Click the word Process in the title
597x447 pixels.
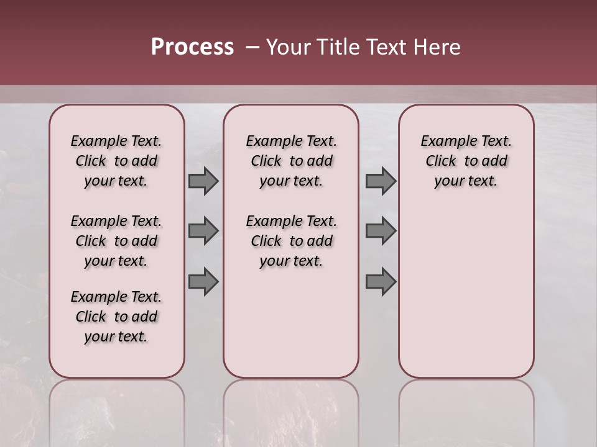click(192, 47)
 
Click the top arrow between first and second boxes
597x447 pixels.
click(203, 181)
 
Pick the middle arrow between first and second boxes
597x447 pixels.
click(203, 231)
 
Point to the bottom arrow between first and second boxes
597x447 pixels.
click(203, 282)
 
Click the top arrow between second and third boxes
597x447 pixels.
click(381, 181)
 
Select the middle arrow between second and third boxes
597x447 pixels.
click(381, 231)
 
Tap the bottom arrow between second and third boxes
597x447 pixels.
click(381, 282)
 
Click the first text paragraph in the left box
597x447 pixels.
click(116, 161)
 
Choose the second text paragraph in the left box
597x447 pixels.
click(116, 241)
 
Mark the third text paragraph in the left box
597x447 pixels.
click(116, 317)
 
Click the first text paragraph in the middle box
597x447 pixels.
click(291, 161)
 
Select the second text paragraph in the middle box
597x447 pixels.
click(291, 241)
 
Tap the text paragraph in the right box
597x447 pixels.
click(466, 161)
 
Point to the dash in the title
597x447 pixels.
click(252, 47)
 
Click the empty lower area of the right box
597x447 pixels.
click(466, 298)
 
